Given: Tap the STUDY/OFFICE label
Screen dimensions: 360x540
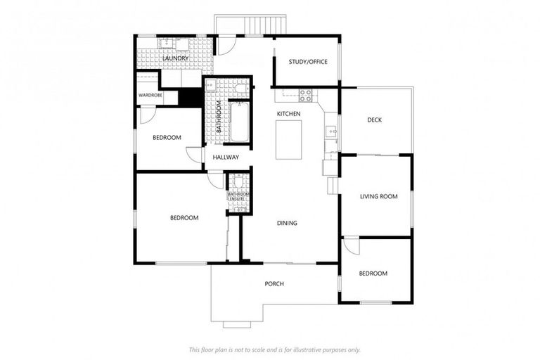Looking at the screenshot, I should coord(308,62).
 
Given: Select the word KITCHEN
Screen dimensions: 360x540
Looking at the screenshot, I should coord(288,114).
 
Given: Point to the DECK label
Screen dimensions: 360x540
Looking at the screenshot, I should coord(375,120).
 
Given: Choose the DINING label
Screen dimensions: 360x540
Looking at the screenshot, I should coord(287,223).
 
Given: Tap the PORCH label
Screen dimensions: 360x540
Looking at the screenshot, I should coord(274,284).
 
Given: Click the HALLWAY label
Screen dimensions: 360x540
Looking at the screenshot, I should coord(226,157).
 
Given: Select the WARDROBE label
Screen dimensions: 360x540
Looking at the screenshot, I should coord(150,95).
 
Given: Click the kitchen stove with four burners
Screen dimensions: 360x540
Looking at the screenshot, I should coord(307,94).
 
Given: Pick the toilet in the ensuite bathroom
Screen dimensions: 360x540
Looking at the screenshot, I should coord(238,182).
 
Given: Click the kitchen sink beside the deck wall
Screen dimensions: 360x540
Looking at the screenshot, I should coord(329,130).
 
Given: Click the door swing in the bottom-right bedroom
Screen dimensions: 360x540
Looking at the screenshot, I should coord(351,247).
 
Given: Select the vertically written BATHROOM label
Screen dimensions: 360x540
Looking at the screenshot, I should coord(219,117).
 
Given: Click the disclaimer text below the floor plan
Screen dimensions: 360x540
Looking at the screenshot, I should coord(274,349).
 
